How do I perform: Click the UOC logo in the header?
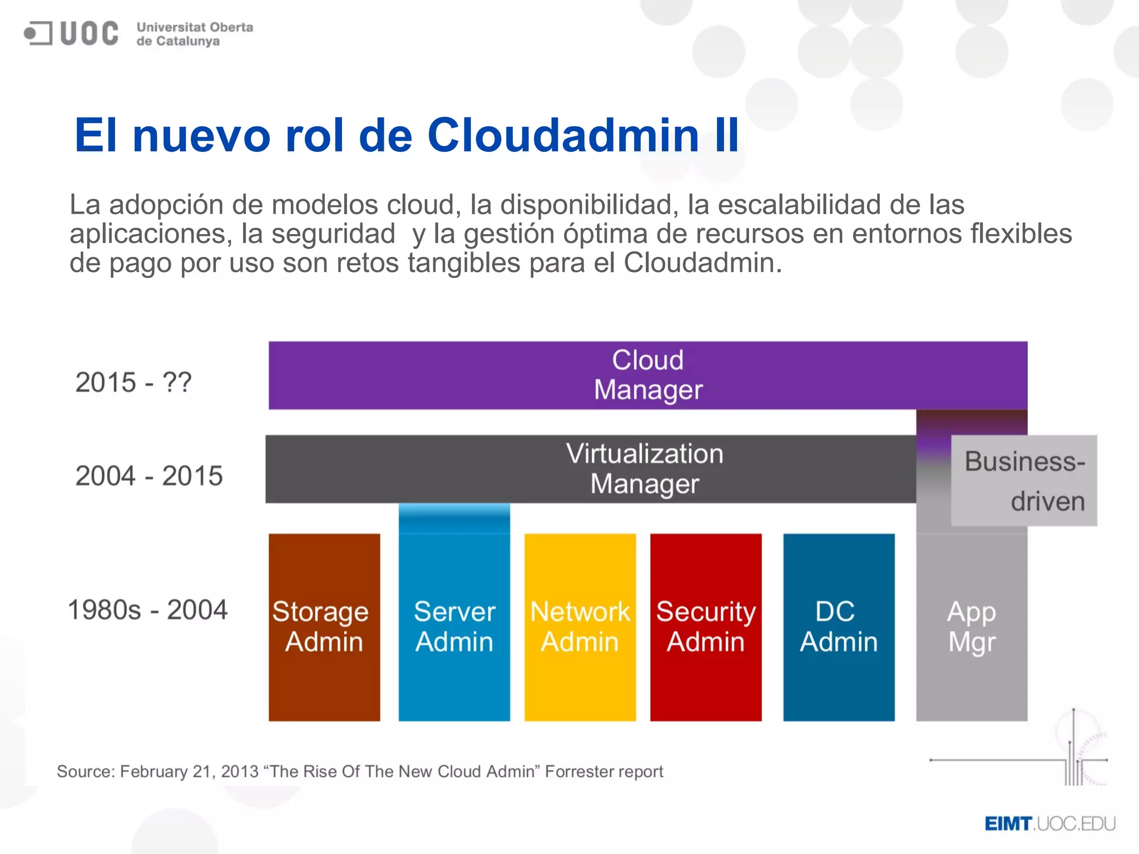pyautogui.click(x=71, y=33)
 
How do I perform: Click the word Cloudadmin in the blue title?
pyautogui.click(x=562, y=135)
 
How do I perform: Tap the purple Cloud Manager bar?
pyautogui.click(x=647, y=375)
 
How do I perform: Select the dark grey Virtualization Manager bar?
pyautogui.click(x=590, y=469)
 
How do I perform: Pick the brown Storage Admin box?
pyautogui.click(x=324, y=627)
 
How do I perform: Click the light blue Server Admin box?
pyautogui.click(x=454, y=627)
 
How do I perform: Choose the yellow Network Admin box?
pyautogui.click(x=580, y=627)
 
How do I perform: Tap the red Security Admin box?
pyautogui.click(x=705, y=627)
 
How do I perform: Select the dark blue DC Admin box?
pyautogui.click(x=838, y=627)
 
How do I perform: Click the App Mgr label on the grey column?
pyautogui.click(x=971, y=627)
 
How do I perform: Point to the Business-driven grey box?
pyautogui.click(x=1024, y=480)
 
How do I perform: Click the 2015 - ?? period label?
pyautogui.click(x=133, y=383)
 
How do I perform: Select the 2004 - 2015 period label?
pyautogui.click(x=148, y=476)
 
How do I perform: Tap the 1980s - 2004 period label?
pyautogui.click(x=147, y=610)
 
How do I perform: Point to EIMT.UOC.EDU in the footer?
pyautogui.click(x=1049, y=823)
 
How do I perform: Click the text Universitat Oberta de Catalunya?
pyautogui.click(x=194, y=34)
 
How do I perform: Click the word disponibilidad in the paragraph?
pyautogui.click(x=588, y=205)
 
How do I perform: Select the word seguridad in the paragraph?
pyautogui.click(x=333, y=234)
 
